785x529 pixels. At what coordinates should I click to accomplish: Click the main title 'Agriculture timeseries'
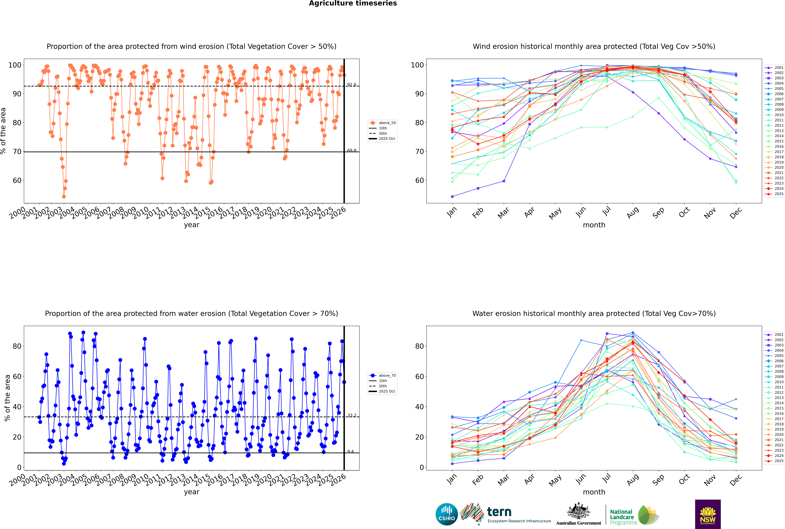coord(353,3)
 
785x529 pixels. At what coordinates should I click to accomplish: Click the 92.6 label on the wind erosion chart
coord(352,85)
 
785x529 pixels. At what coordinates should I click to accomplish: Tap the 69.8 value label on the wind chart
coord(352,150)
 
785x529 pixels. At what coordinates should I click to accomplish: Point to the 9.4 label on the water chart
coord(351,451)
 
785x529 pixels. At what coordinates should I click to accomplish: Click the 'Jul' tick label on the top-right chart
coord(606,211)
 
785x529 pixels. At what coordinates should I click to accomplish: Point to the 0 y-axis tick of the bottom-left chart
coord(19,467)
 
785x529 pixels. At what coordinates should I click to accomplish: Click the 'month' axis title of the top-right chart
coord(594,225)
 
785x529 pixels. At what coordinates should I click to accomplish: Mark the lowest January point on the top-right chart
coord(452,196)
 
